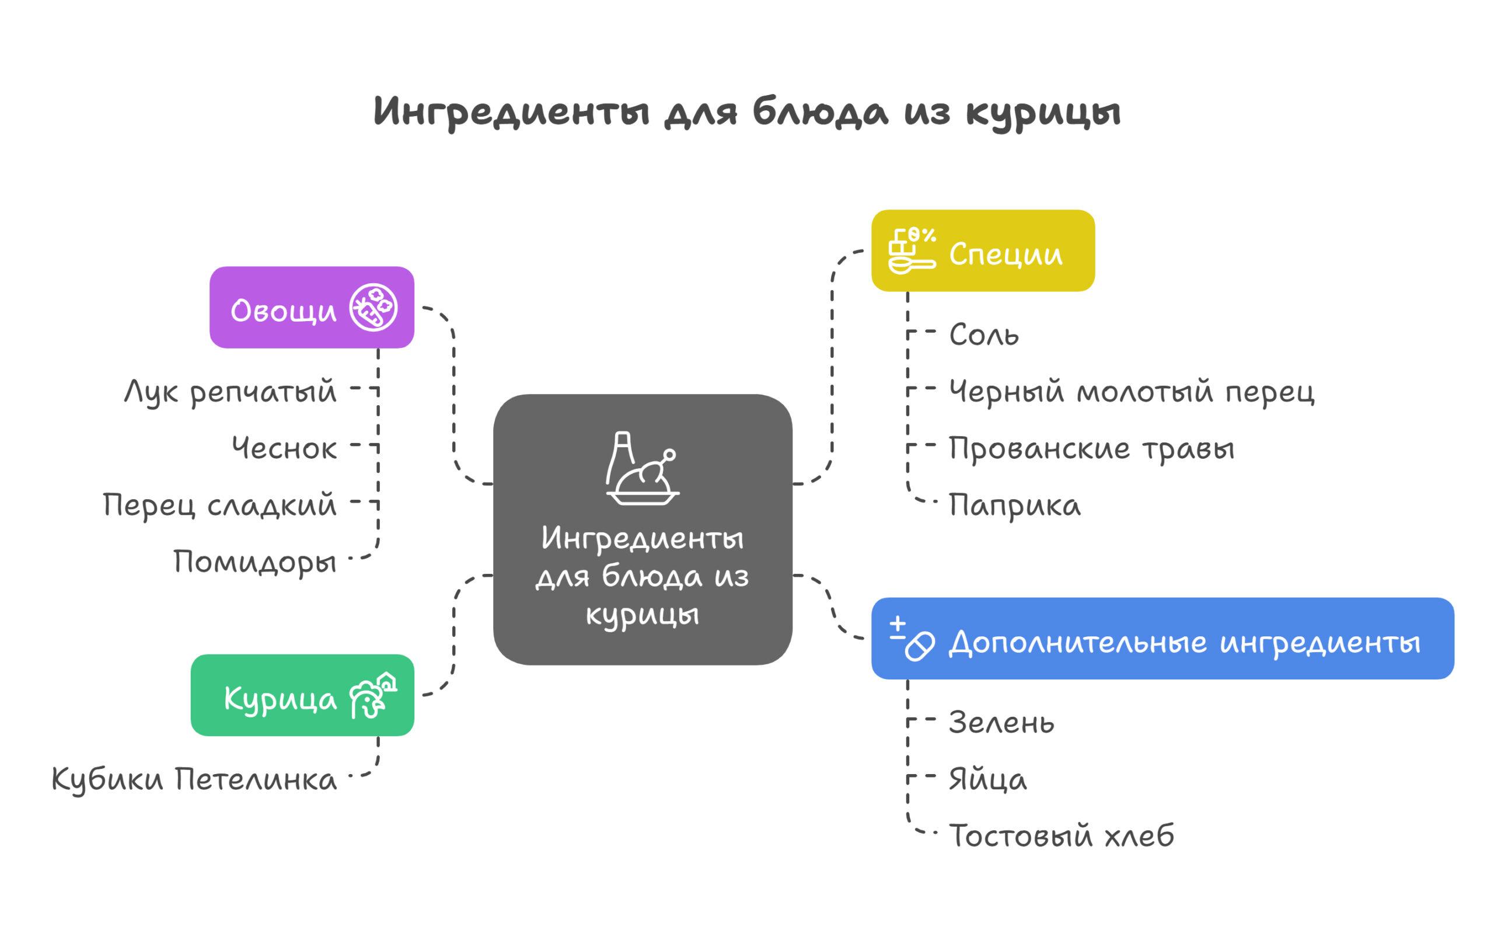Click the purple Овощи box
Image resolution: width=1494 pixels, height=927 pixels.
point(311,307)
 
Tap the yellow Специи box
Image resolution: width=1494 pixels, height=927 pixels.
point(982,250)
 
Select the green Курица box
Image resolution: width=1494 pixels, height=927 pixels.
point(302,695)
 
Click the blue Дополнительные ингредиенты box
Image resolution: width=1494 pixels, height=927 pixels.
point(1163,638)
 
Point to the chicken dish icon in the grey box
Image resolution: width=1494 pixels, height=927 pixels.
point(642,468)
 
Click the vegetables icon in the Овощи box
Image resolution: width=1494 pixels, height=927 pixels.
point(373,307)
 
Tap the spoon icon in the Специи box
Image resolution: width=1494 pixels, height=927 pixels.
point(912,250)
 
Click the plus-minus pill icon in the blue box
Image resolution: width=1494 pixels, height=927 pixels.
point(912,638)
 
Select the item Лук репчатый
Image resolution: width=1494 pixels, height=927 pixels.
point(231,391)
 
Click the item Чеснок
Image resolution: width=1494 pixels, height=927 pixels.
point(284,448)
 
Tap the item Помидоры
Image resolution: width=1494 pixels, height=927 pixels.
point(255,562)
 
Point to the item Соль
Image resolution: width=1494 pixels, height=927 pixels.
point(983,334)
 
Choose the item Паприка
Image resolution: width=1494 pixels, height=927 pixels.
point(1015,506)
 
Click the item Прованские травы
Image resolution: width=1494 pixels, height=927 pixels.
point(1091,448)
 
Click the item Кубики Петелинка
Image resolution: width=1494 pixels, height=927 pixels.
point(194,780)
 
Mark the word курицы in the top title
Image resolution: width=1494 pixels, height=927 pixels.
point(1043,113)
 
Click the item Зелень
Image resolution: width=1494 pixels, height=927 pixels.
point(1001,723)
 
